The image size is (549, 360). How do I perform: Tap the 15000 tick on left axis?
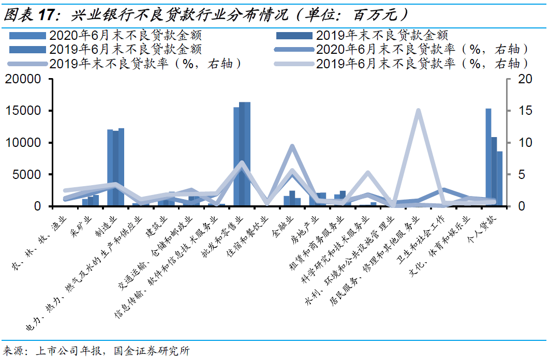(23, 111)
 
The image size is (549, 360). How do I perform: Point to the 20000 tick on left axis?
(23, 79)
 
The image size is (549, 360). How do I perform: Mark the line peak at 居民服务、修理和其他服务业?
(419, 111)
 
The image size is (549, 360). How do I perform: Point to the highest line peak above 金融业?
(292, 146)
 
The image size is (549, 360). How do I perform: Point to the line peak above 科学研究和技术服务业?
(368, 173)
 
